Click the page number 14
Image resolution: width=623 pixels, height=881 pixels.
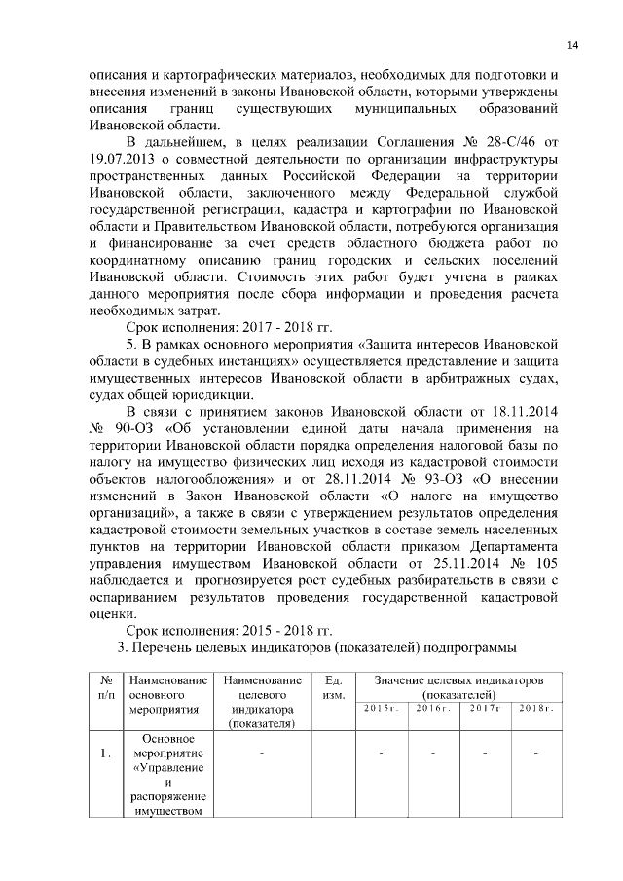(x=571, y=45)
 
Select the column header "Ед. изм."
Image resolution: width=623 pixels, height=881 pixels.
(x=332, y=686)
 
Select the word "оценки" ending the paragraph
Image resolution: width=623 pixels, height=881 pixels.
(x=112, y=612)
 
